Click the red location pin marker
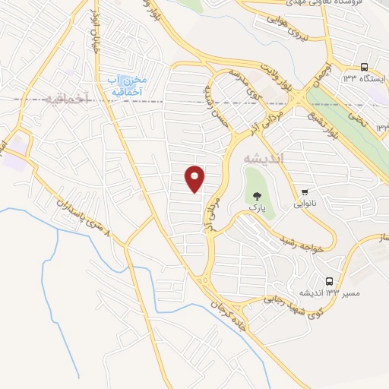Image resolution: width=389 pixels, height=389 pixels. (x=196, y=179)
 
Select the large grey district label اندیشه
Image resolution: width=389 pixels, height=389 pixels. (x=263, y=158)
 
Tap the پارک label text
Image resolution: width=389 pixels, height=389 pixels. (x=256, y=206)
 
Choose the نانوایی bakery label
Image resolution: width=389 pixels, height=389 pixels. (x=305, y=204)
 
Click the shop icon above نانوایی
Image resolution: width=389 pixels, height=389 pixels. (x=305, y=191)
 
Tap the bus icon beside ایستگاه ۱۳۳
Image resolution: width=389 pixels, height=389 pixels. (x=365, y=67)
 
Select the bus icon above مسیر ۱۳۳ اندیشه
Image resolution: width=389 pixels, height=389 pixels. (x=329, y=281)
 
